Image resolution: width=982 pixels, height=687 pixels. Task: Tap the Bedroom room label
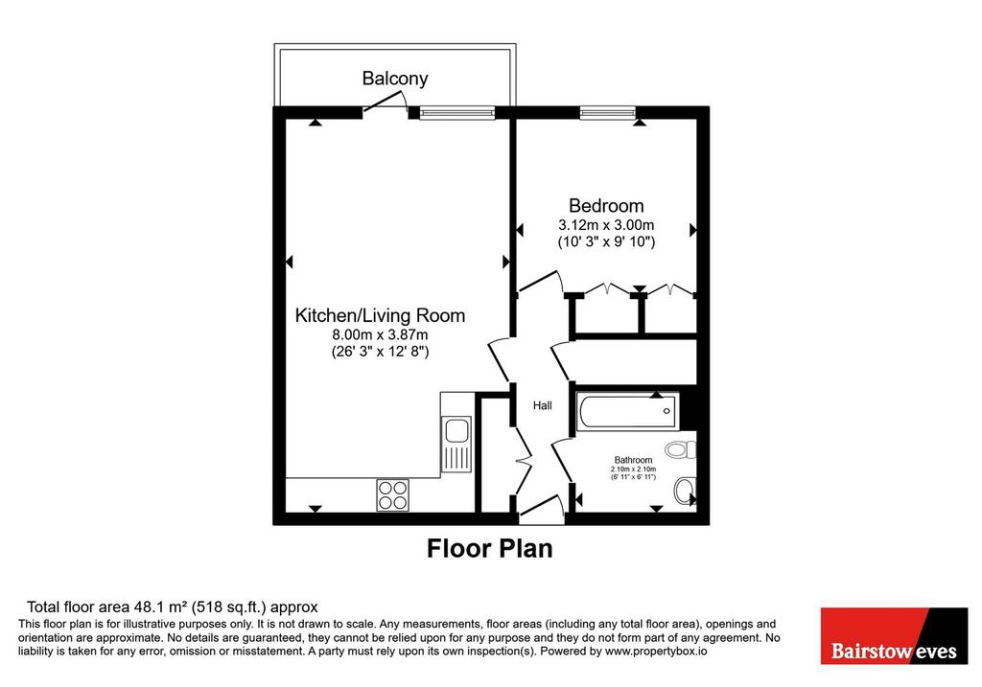pos(606,205)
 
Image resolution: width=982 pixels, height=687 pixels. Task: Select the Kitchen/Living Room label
pos(380,315)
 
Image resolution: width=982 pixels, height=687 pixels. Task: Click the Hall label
pos(543,405)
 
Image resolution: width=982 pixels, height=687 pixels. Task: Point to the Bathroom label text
pos(633,460)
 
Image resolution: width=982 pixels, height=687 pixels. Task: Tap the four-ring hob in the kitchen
pos(392,495)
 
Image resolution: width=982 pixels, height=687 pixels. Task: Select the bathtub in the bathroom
pos(628,411)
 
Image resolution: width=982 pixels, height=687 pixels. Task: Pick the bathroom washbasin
pos(686,491)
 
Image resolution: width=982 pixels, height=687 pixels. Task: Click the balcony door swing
pos(386,102)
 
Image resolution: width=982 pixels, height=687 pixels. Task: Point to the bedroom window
pos(607,113)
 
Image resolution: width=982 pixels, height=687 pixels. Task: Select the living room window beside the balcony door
pos(456,113)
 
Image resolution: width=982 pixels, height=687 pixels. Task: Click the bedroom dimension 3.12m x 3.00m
pos(606,224)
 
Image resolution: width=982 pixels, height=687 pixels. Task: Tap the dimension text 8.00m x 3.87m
pos(380,334)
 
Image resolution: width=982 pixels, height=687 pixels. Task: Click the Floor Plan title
pos(490,549)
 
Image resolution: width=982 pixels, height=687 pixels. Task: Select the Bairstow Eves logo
pos(895,635)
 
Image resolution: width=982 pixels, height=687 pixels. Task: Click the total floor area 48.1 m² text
pos(173,607)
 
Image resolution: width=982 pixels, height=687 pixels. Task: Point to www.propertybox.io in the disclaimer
pos(656,652)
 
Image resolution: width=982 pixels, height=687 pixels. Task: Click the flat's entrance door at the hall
pos(541,509)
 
